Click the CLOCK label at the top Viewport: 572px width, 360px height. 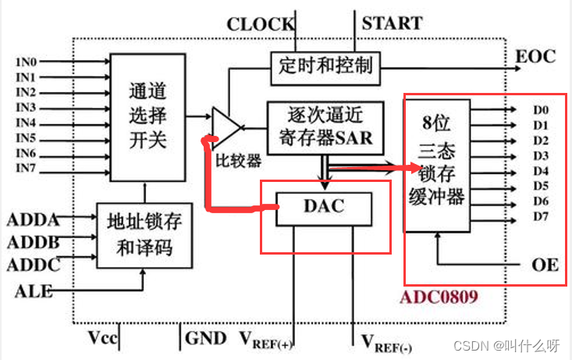click(261, 24)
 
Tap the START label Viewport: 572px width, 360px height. click(392, 23)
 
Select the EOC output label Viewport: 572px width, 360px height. click(536, 56)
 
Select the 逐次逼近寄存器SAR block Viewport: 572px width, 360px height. click(325, 127)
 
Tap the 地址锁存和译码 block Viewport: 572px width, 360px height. click(144, 235)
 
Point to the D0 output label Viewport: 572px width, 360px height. click(541, 110)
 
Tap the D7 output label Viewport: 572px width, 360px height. click(541, 216)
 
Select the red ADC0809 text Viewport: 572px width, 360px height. click(438, 298)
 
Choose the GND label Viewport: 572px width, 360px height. click(206, 338)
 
